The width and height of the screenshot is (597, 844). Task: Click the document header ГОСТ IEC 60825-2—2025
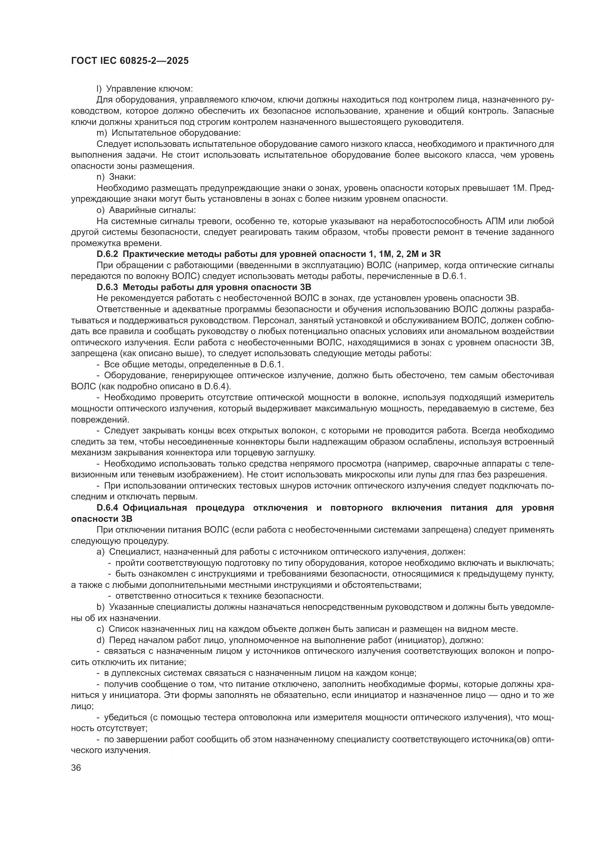pos(130,61)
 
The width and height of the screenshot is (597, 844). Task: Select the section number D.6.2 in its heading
pos(107,254)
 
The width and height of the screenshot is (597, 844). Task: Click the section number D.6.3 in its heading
pos(107,287)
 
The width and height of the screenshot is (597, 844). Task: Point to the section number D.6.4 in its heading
pos(108,508)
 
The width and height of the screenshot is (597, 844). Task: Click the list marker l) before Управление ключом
pos(99,89)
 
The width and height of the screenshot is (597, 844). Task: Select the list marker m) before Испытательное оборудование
pos(101,133)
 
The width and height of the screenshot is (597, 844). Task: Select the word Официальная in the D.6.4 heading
pos(155,508)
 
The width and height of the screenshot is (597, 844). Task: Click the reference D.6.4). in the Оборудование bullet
pos(218,386)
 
